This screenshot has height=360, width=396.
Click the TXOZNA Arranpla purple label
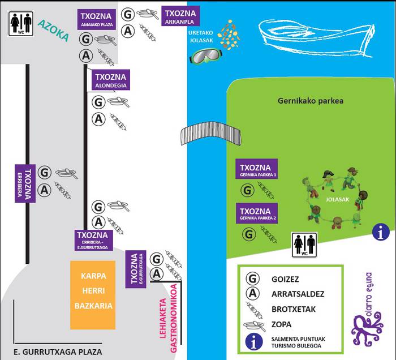click(180, 16)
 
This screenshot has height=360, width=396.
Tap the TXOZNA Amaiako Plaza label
click(96, 21)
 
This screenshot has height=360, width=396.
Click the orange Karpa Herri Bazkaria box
click(93, 294)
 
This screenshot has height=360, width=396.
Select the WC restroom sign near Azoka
click(21, 23)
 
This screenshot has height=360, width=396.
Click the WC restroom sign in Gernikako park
click(304, 245)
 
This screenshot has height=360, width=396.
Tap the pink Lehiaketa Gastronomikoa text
click(170, 320)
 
